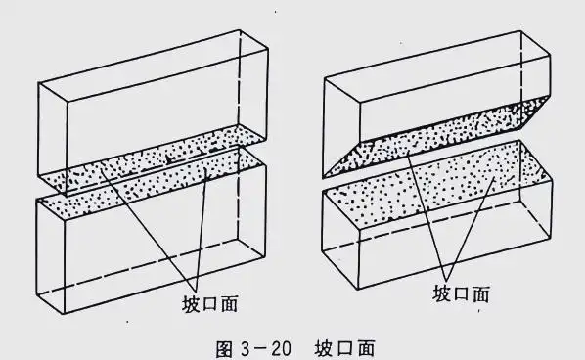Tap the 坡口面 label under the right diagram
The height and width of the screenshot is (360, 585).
(x=464, y=292)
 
